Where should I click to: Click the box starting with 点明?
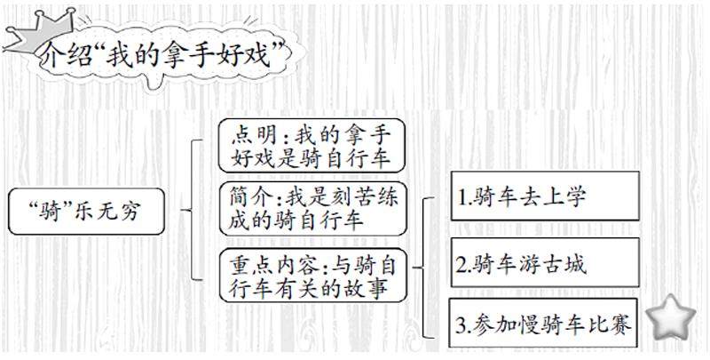coord(312,146)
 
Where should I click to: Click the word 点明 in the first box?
coord(252,134)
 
